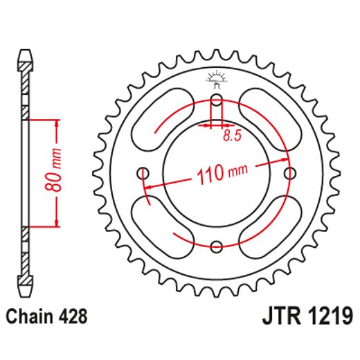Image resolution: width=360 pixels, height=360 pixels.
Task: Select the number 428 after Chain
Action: coord(74,318)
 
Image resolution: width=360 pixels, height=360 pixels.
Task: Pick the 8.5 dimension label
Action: coord(231,136)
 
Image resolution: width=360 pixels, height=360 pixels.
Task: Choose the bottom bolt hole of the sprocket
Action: coord(216,245)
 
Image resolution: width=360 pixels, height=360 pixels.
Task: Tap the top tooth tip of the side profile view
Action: coord(25,53)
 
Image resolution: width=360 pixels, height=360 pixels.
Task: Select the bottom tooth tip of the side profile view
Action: coord(25,291)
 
